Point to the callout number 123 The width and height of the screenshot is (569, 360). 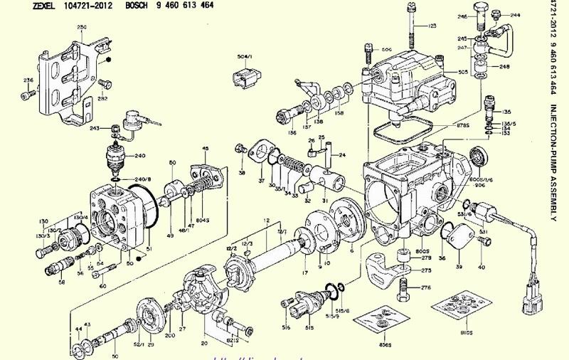[x=432, y=26]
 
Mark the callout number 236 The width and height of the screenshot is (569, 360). [x=28, y=80]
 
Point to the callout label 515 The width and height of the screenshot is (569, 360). [x=309, y=327]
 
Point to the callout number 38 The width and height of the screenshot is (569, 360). [x=242, y=173]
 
